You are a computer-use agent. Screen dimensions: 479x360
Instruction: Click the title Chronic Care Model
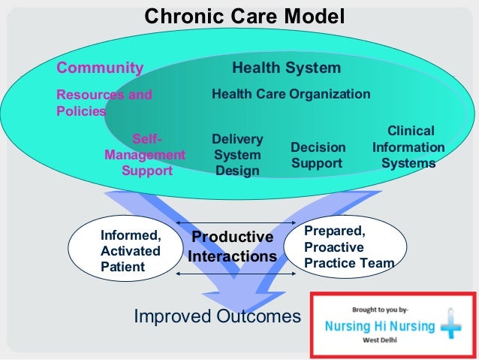pyautogui.click(x=244, y=16)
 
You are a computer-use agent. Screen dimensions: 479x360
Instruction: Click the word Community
pyautogui.click(x=100, y=68)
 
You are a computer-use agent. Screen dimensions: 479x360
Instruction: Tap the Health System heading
pyautogui.click(x=286, y=68)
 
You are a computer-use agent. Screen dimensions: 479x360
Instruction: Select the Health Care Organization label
pyautogui.click(x=291, y=95)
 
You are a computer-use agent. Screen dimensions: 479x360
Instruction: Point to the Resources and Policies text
pyautogui.click(x=104, y=103)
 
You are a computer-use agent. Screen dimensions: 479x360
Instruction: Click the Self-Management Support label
pyautogui.click(x=146, y=155)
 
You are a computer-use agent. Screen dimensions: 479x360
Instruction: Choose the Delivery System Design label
pyautogui.click(x=237, y=155)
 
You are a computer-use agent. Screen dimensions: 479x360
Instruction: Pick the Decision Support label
pyautogui.click(x=318, y=155)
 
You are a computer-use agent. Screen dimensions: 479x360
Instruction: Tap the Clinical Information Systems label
pyautogui.click(x=408, y=147)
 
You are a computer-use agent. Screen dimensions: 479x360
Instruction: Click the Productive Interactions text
pyautogui.click(x=232, y=247)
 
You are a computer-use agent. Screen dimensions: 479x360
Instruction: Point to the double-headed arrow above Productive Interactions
pyautogui.click(x=236, y=223)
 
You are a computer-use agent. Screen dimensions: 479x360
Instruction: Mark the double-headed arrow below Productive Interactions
pyautogui.click(x=234, y=274)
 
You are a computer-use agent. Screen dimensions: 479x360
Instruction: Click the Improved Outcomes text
pyautogui.click(x=217, y=316)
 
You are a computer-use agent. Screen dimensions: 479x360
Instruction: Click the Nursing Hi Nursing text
pyautogui.click(x=378, y=327)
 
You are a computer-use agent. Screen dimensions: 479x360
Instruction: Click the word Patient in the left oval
pyautogui.click(x=122, y=266)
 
